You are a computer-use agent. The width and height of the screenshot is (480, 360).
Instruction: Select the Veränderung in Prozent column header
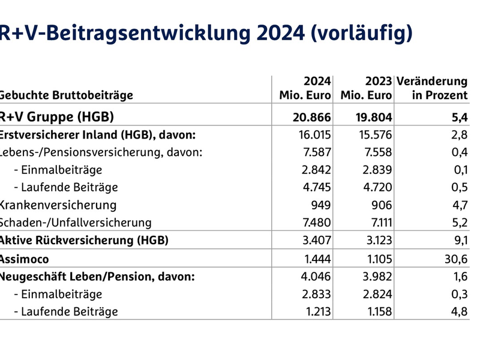pyautogui.click(x=432, y=88)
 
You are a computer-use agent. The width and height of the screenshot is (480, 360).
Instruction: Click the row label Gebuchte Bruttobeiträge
pyautogui.click(x=66, y=95)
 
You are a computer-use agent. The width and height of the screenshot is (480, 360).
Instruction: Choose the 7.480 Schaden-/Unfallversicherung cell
pyautogui.click(x=315, y=223)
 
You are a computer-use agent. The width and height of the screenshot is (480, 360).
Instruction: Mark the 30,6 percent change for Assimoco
pyautogui.click(x=454, y=259)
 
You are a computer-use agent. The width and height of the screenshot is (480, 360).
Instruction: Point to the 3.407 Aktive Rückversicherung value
pyautogui.click(x=315, y=241)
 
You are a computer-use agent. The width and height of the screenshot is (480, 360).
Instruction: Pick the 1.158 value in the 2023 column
pyautogui.click(x=377, y=311)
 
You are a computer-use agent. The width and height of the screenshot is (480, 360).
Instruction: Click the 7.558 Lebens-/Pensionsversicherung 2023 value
pyautogui.click(x=376, y=152)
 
